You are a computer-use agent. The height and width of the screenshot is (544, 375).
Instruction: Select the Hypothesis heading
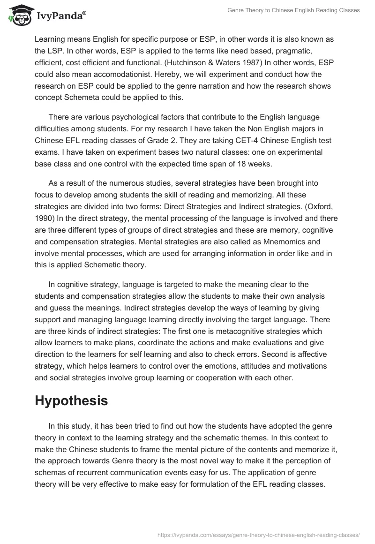pyautogui.click(x=71, y=401)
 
